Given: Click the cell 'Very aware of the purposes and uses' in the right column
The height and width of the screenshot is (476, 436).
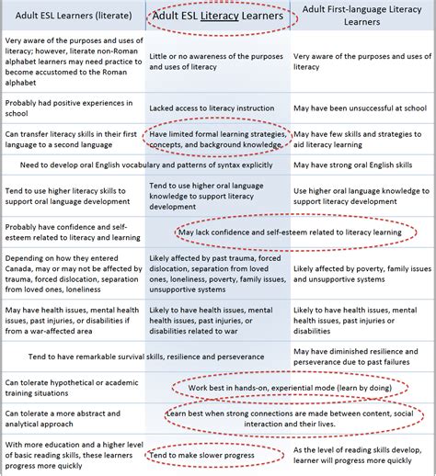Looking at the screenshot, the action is (360, 55).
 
